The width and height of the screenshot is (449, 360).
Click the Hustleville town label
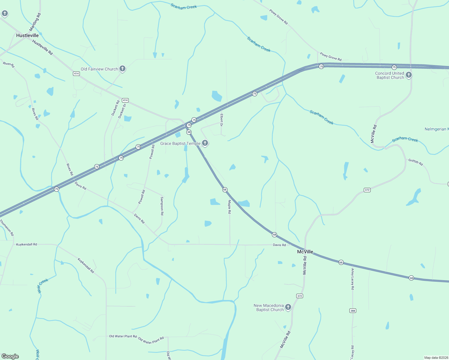coord(27,35)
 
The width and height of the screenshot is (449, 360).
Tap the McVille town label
coord(305,252)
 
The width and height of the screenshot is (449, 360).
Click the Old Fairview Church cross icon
coord(122,69)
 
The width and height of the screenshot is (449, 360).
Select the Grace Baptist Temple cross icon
coord(205,143)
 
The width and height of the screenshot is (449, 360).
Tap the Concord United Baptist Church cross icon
coord(409,75)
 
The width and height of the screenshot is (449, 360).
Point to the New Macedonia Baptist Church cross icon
coord(288,307)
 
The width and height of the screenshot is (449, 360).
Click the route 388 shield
coord(353,310)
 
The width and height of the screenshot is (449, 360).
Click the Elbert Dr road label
coord(221,120)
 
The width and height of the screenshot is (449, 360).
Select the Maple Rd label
coord(229,207)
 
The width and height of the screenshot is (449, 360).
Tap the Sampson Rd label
coord(162,206)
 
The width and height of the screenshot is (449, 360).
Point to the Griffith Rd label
coord(415,162)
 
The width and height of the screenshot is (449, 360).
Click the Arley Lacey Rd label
coord(353,279)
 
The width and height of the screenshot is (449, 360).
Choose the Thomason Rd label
coord(7,227)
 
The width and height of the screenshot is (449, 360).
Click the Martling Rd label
coord(35,22)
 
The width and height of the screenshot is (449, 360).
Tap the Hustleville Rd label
coord(43,47)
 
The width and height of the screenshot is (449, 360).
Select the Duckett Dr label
coord(122,111)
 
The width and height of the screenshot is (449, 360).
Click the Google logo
coord(10,356)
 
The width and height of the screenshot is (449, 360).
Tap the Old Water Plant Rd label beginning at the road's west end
coord(123,336)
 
